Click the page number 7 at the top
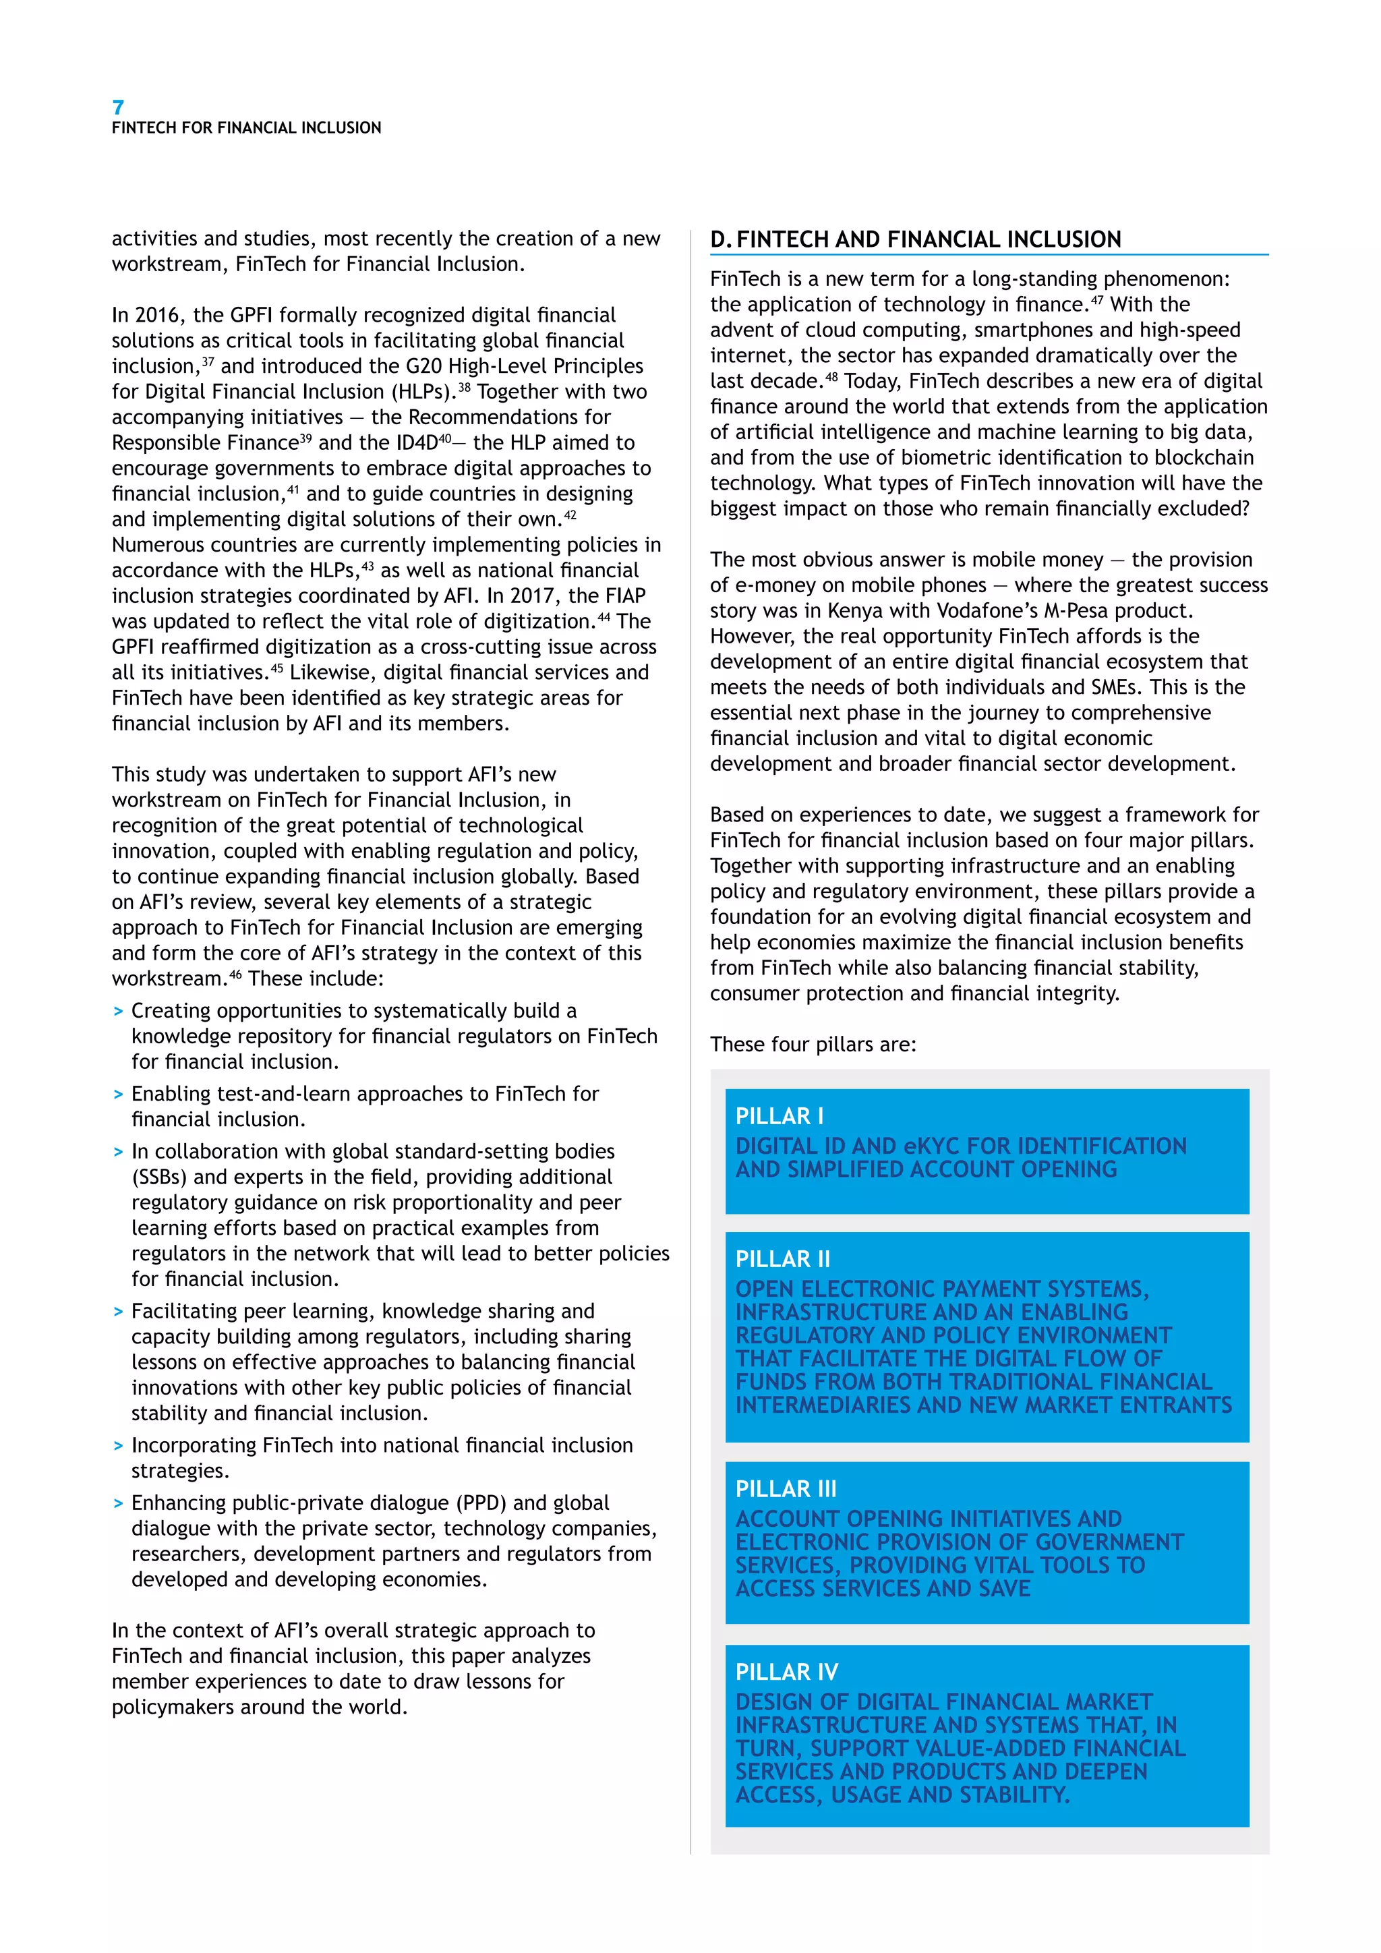(118, 107)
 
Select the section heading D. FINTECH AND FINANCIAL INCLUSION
(915, 240)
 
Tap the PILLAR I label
(779, 1116)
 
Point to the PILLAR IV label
(787, 1672)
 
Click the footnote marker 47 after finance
(1097, 299)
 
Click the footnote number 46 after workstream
(235, 973)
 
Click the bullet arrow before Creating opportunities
(118, 1012)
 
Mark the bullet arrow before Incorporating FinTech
(118, 1446)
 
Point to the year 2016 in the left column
(159, 316)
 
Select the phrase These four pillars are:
(813, 1045)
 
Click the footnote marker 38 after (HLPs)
(465, 386)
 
